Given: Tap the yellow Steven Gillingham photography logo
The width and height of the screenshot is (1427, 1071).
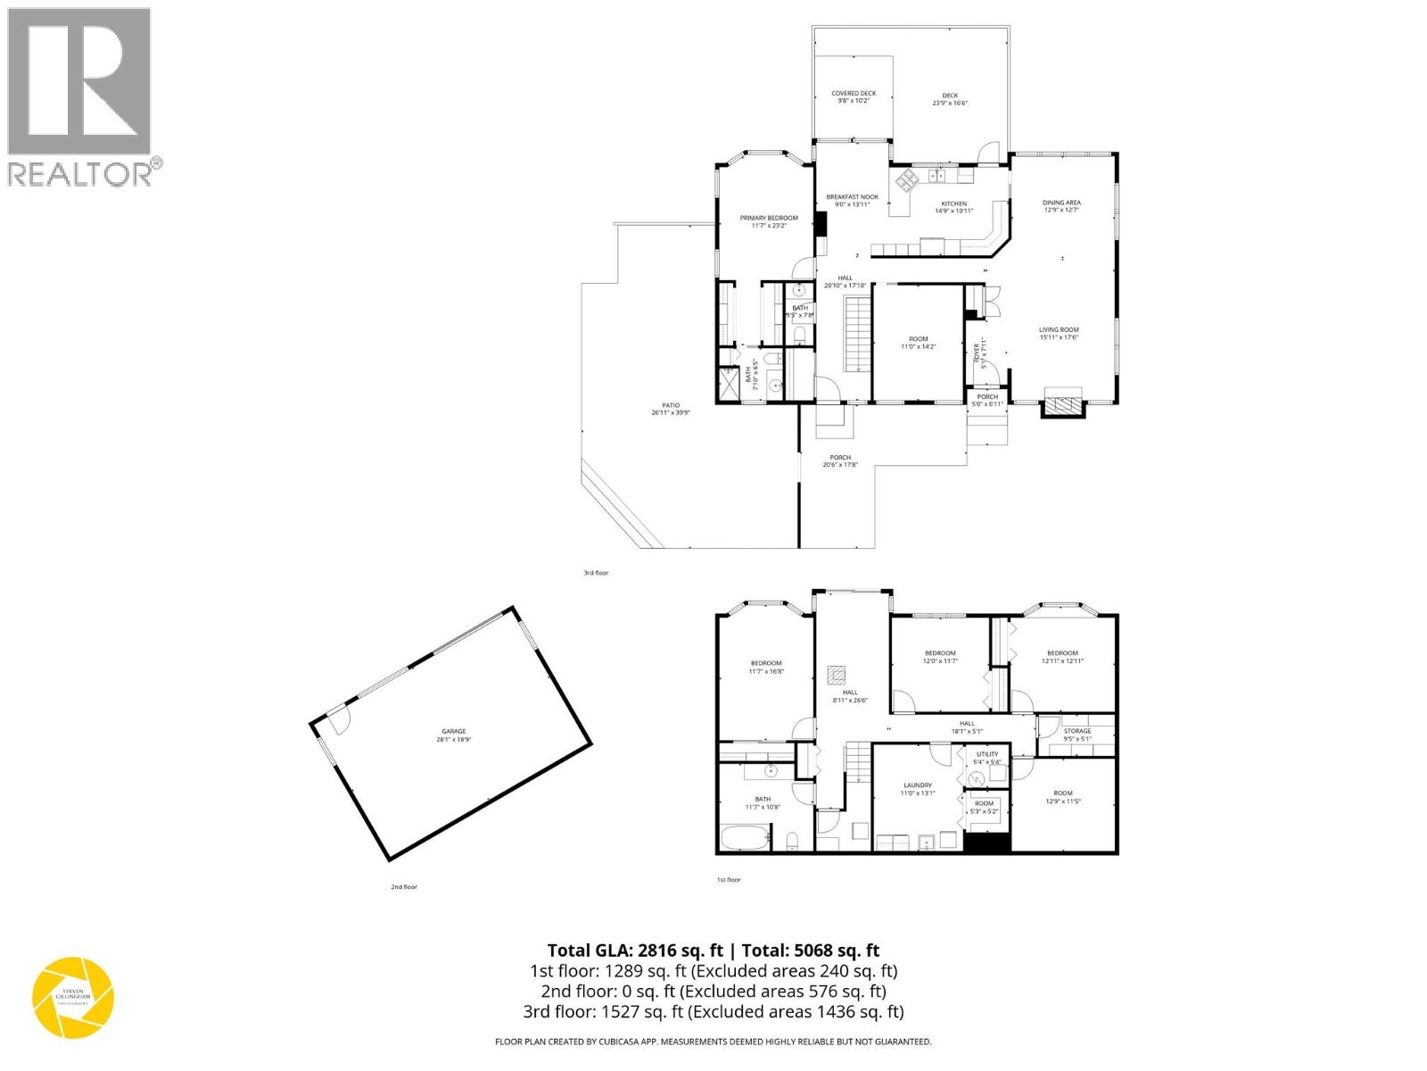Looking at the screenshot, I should pyautogui.click(x=73, y=997).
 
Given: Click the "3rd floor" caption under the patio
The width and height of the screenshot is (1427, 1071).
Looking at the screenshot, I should pyautogui.click(x=596, y=573).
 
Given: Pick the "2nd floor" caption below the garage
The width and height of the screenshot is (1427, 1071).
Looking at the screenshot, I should pyautogui.click(x=403, y=887).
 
